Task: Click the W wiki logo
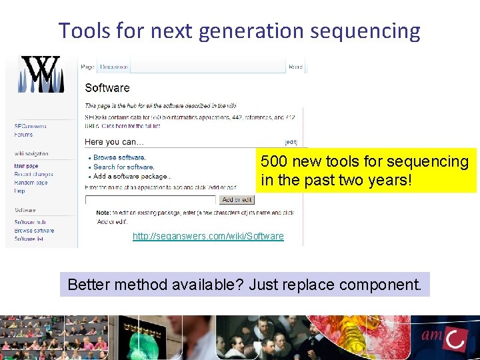point(41,74)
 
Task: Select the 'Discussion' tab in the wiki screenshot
point(113,67)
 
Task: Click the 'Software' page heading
point(107,88)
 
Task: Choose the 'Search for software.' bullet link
point(124,167)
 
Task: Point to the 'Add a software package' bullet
point(131,176)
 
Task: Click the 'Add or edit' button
point(237,199)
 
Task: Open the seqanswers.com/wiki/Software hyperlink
point(208,236)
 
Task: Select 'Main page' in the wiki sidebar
point(27,166)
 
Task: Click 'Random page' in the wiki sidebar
point(31,182)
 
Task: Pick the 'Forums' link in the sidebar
point(23,135)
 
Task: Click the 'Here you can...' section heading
point(114,141)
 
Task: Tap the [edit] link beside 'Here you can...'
point(291,142)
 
